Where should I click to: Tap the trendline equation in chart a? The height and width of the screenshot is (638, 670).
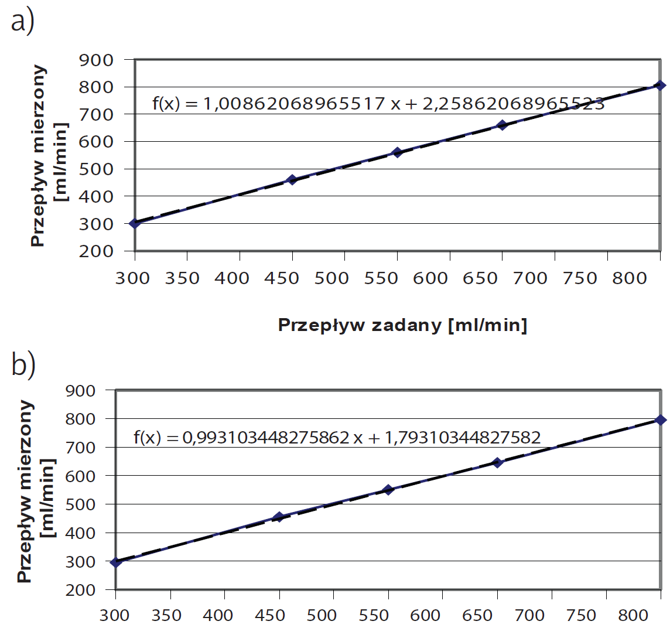[x=378, y=104]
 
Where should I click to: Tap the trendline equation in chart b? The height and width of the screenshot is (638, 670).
[x=337, y=437]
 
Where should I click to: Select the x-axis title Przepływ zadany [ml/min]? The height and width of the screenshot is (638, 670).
[x=402, y=325]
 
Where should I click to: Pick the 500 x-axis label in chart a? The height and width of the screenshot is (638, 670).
[x=331, y=278]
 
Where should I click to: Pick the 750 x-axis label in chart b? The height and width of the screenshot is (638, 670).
[x=582, y=616]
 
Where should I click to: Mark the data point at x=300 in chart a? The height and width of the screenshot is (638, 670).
[x=135, y=223]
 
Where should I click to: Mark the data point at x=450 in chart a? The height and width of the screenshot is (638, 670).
[x=292, y=179]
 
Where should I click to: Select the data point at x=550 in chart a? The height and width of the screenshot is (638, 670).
[x=397, y=152]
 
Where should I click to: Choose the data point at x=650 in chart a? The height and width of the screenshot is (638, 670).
[x=502, y=125]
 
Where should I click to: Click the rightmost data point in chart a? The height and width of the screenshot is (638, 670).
[x=661, y=86]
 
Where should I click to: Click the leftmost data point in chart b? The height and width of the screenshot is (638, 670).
[x=116, y=562]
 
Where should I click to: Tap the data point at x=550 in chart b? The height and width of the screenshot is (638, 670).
[x=388, y=490]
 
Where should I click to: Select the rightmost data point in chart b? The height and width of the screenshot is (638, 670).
[x=661, y=419]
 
